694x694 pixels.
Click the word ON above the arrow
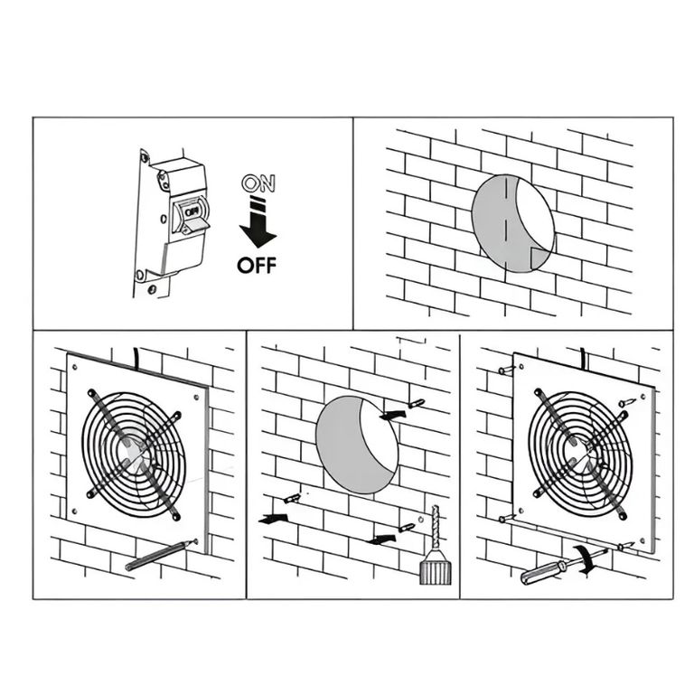[258, 183]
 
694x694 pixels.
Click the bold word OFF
[257, 266]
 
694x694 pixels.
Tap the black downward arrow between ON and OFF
[258, 222]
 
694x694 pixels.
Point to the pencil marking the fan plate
[161, 555]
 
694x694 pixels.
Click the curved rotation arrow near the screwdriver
[586, 559]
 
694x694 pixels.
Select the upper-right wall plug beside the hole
[416, 404]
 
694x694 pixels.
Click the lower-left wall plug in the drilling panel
[292, 499]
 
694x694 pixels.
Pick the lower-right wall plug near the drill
[407, 528]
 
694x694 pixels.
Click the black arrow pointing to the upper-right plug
[392, 415]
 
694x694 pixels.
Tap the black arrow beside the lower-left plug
[273, 519]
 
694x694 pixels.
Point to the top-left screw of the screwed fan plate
[507, 369]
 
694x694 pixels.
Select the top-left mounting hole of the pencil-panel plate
[74, 367]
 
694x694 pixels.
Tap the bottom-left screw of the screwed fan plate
[507, 519]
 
